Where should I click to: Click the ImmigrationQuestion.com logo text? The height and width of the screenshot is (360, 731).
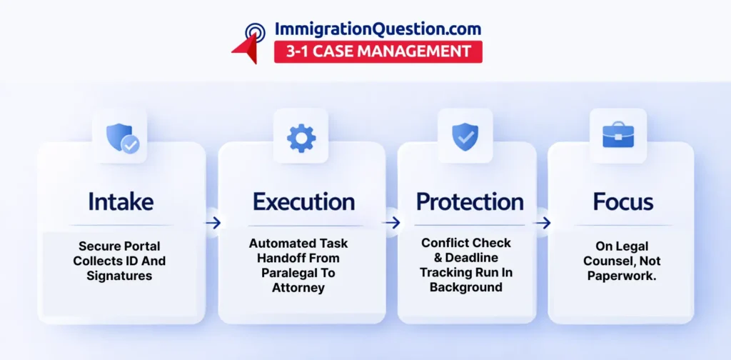(x=378, y=29)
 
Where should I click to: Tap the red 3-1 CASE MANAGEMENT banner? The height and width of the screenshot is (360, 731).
(x=378, y=51)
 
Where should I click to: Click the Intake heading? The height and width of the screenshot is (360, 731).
(x=121, y=201)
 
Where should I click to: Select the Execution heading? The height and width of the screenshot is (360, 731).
(x=303, y=201)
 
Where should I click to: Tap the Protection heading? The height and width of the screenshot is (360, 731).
(x=470, y=201)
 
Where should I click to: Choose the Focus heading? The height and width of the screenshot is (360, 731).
(x=622, y=201)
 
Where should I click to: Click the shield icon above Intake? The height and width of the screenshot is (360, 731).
(x=123, y=138)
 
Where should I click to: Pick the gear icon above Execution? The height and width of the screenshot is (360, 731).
(x=301, y=138)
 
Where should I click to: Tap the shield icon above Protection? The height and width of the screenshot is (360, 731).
(x=465, y=136)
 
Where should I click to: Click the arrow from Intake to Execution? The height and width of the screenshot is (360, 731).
(x=213, y=223)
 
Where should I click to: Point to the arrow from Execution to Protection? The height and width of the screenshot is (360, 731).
(x=392, y=223)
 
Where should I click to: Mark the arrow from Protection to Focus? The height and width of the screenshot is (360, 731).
(x=543, y=223)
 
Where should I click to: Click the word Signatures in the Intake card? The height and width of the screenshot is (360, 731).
(x=119, y=276)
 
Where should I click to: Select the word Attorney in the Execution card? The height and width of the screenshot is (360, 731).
(x=298, y=288)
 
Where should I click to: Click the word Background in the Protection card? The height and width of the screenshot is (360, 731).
(x=465, y=287)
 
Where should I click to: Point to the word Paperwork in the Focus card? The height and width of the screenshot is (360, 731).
(x=622, y=276)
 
